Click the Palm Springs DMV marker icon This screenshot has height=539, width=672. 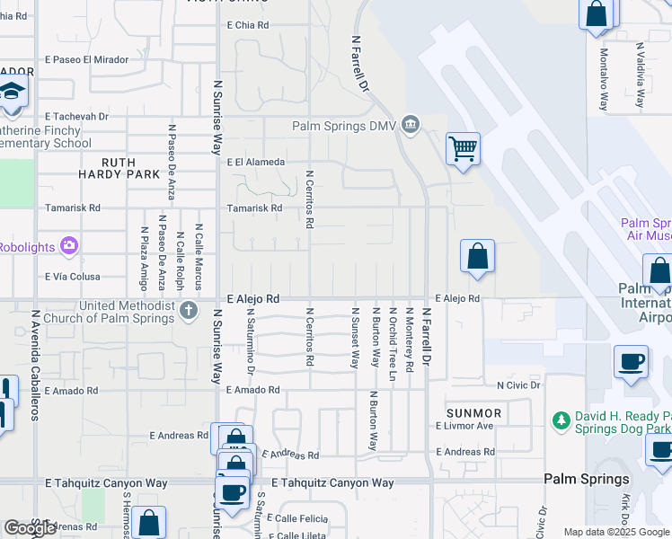coord(411,123)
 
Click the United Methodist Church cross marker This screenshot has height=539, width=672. coord(188,311)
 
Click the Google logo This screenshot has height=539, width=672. coord(30,528)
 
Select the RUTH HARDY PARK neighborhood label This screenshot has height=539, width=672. coord(119,168)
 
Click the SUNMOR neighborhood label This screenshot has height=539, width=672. coord(473,412)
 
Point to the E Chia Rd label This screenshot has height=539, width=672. coord(248,25)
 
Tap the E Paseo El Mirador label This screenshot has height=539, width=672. coord(86,59)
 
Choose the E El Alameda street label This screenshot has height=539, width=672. coord(255,163)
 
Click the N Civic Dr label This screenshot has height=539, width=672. coord(518,385)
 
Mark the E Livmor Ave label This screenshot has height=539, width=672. coord(464,426)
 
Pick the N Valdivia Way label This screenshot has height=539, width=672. coord(640,75)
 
